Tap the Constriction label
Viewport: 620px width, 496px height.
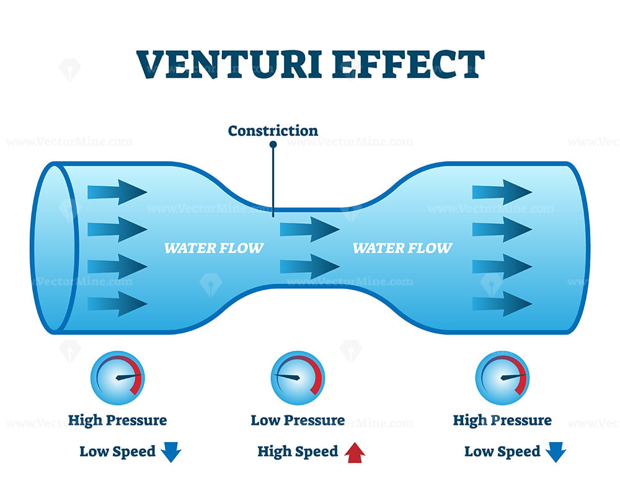tap(273, 131)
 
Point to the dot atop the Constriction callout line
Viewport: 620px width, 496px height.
tap(273, 145)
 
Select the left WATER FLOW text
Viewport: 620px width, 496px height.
tap(214, 249)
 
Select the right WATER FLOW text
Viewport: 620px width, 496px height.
tap(402, 249)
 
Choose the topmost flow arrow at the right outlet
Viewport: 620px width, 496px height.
tap(502, 192)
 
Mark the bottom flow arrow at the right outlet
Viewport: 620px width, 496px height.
tap(502, 304)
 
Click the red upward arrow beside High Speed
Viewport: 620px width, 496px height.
tap(355, 453)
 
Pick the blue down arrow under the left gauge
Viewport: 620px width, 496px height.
tap(170, 453)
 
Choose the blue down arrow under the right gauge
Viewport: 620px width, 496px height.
tap(556, 453)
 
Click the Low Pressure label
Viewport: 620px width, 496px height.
tap(298, 420)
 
